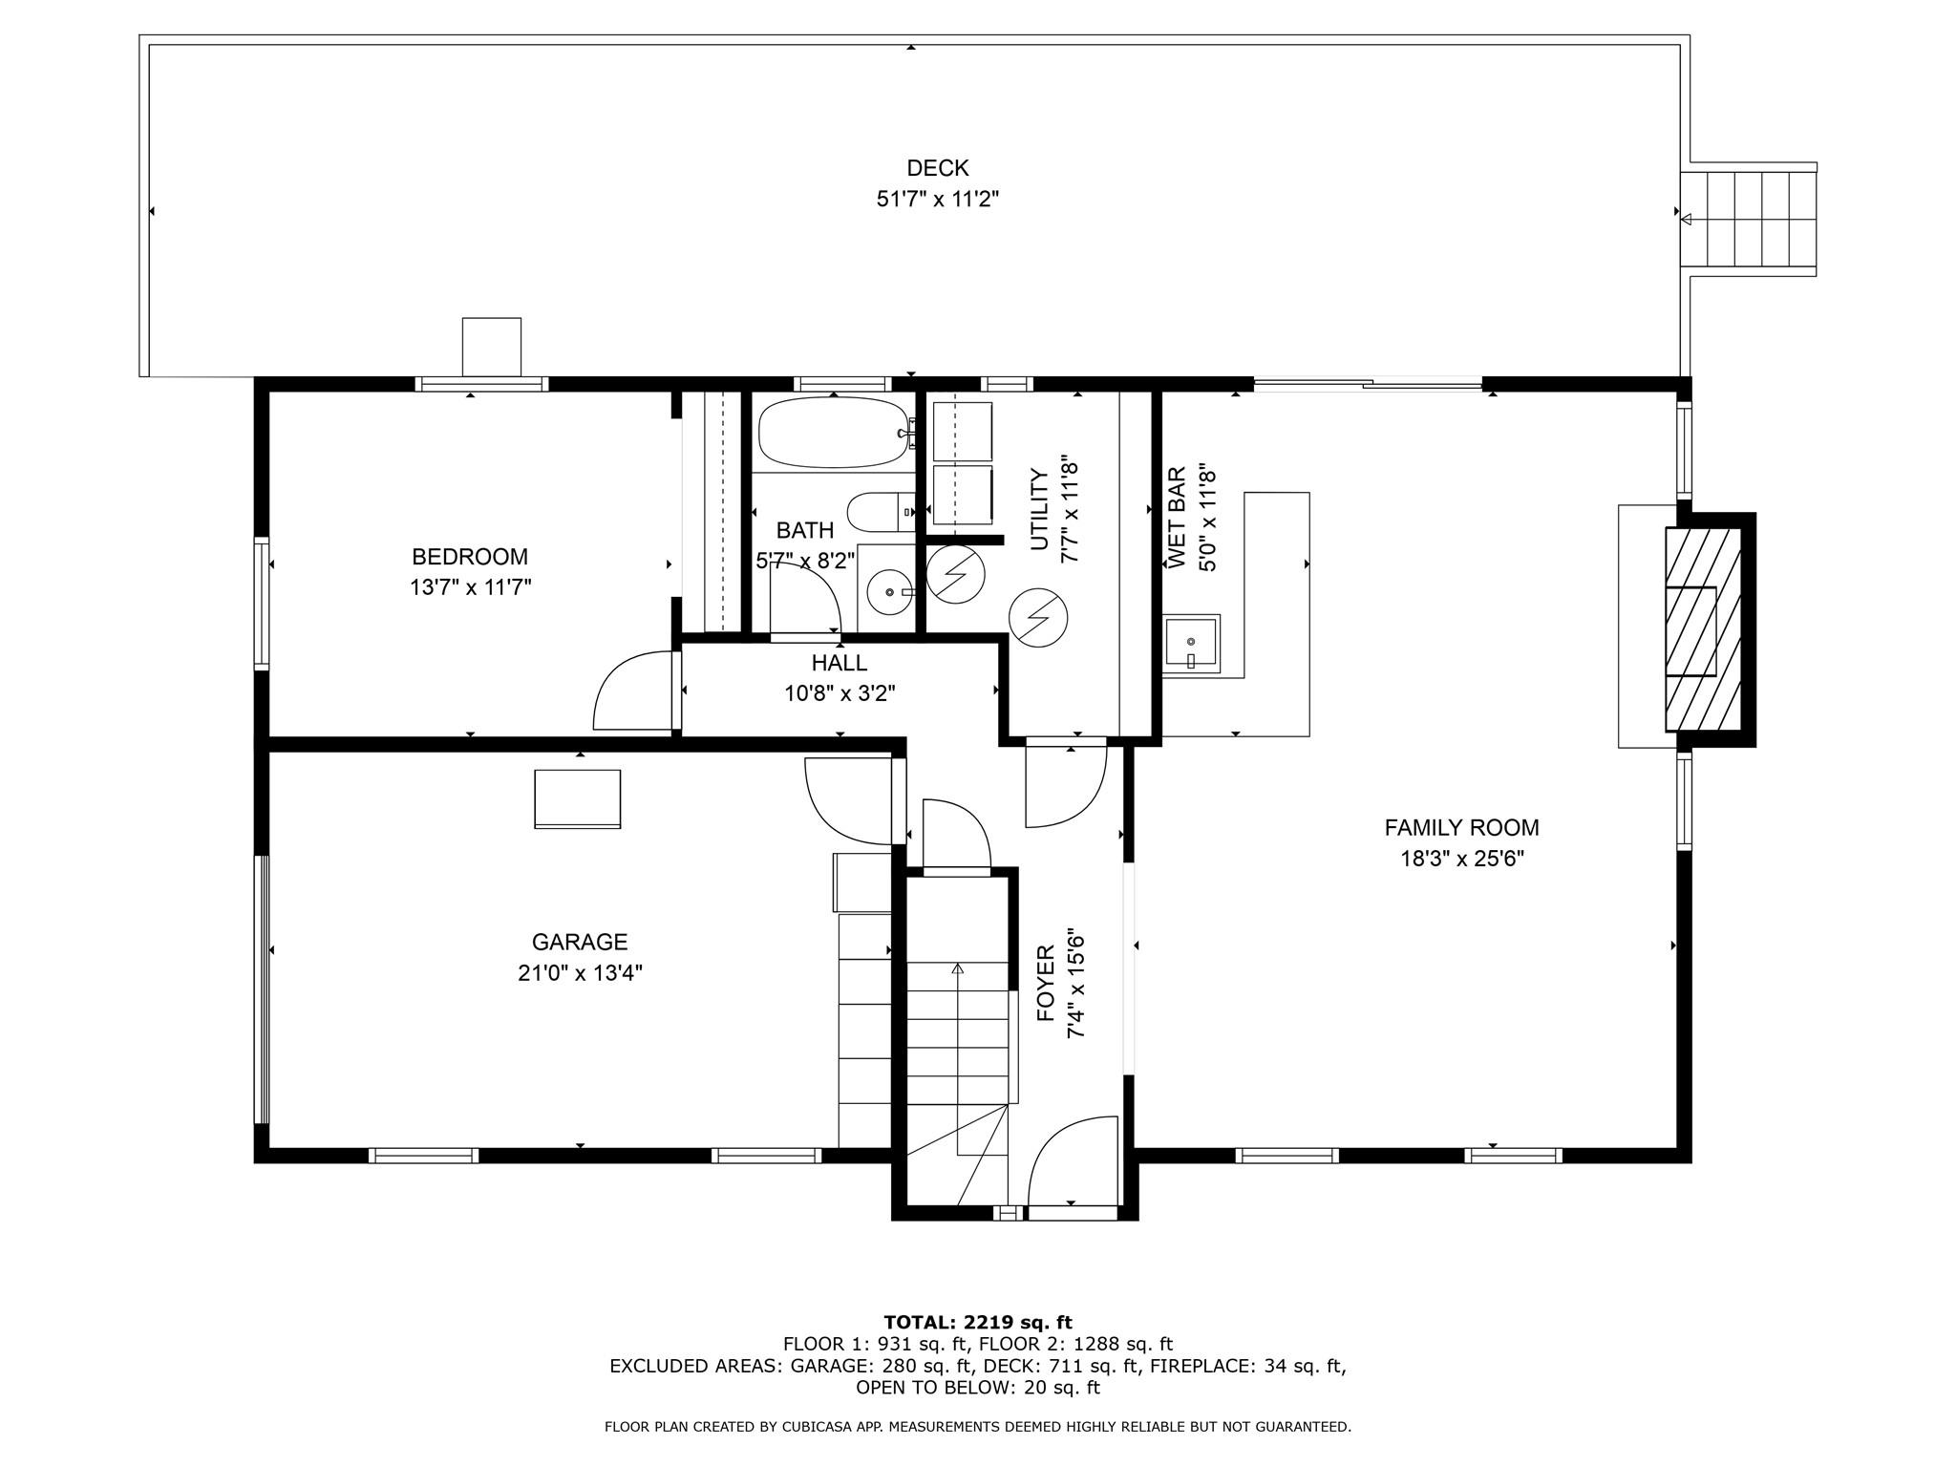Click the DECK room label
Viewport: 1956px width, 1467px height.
coord(937,168)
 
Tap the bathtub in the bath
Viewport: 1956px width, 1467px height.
coord(835,433)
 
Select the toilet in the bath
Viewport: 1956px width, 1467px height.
coord(881,513)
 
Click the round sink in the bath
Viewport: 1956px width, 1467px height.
coord(890,592)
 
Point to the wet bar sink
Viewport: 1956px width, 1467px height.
coord(1191,642)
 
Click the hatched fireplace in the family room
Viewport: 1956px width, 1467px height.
coord(1704,629)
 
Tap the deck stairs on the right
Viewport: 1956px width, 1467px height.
coord(1748,220)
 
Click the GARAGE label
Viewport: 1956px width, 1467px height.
coord(580,943)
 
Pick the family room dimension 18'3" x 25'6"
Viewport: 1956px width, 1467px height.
coord(1461,859)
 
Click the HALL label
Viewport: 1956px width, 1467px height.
coord(840,663)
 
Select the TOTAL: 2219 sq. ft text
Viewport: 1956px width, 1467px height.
coord(978,1323)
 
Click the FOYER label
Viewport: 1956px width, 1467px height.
coord(1046,983)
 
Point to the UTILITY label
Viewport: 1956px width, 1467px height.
coord(1039,510)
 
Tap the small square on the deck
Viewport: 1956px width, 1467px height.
coord(492,347)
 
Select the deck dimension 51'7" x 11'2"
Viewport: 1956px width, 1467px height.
coord(938,200)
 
